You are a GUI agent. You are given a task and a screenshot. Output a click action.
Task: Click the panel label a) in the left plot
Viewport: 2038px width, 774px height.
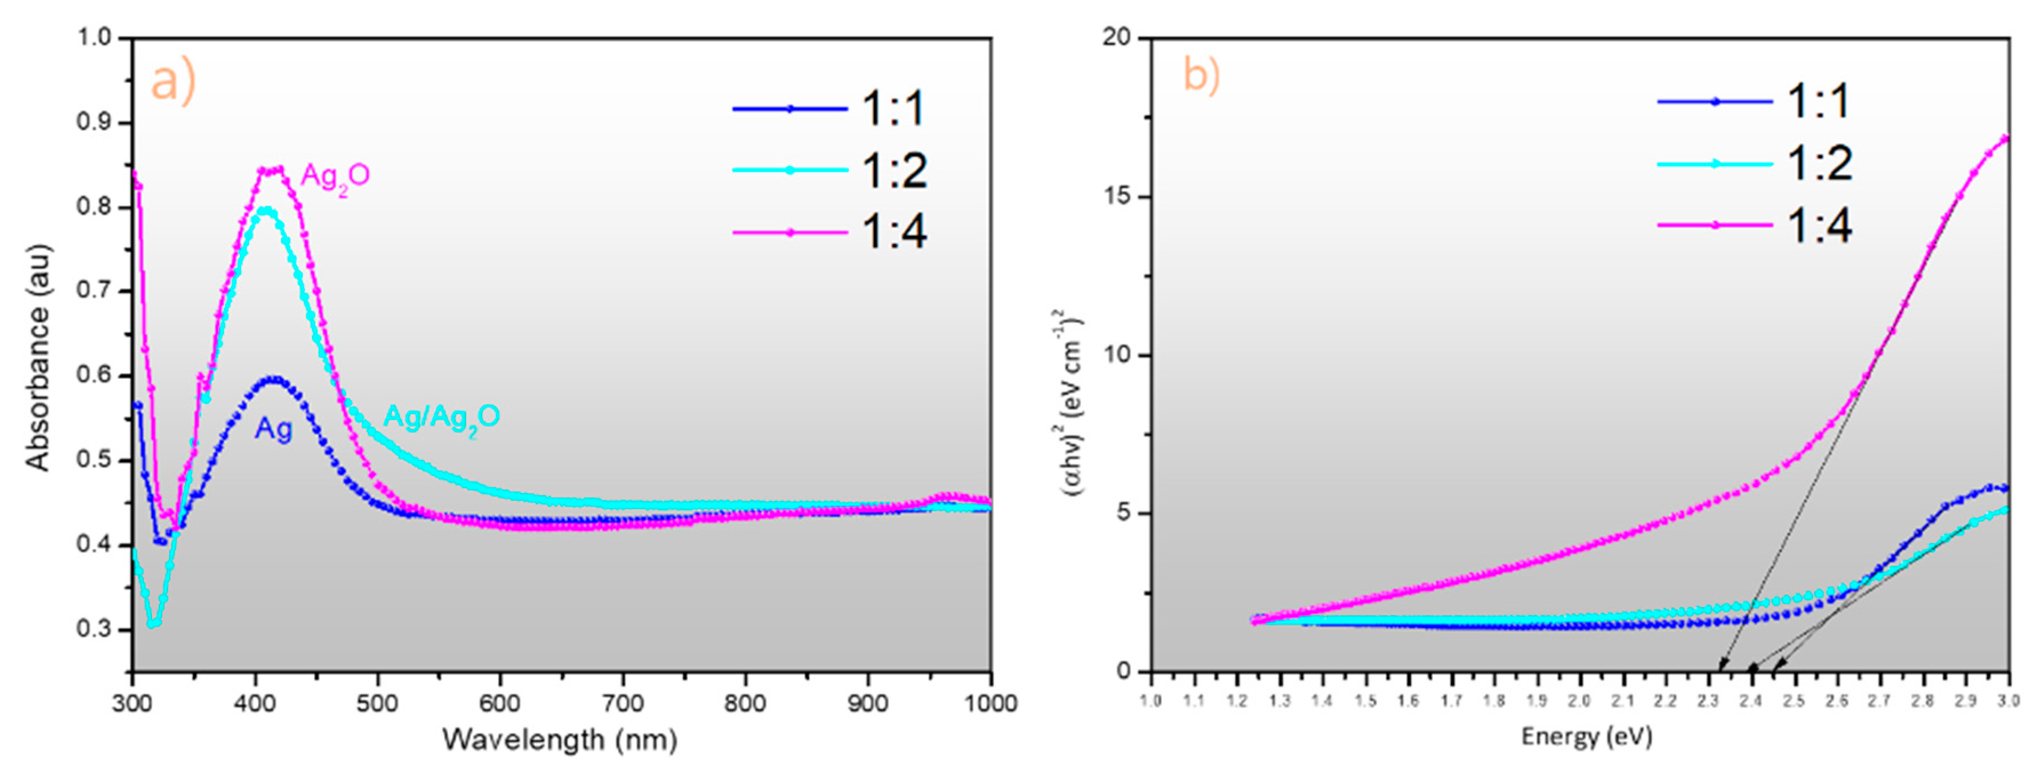click(172, 82)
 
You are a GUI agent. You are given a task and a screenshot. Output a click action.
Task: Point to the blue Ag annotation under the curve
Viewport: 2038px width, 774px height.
click(273, 430)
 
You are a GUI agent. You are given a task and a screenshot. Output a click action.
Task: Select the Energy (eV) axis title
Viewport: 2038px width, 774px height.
click(1586, 737)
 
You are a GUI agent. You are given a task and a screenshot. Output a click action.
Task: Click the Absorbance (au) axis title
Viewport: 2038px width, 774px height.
click(37, 358)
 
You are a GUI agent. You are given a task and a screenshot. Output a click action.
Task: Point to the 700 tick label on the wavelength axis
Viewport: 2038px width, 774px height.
click(623, 703)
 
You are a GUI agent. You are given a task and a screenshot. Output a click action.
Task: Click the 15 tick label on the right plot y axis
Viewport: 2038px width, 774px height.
click(1119, 196)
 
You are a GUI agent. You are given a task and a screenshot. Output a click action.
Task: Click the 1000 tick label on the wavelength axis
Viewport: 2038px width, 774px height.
click(990, 703)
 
